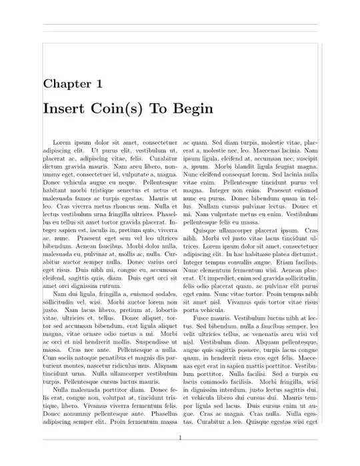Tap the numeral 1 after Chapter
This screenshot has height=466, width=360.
[99, 83]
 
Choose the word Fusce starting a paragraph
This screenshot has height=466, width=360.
[201, 319]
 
